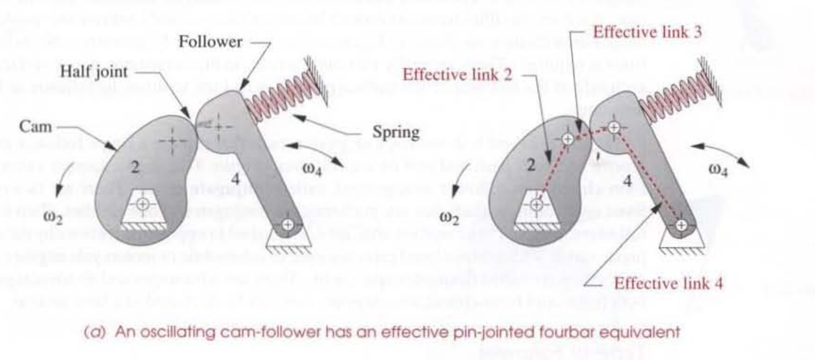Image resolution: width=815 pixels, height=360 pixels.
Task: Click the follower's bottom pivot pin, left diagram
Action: [x=287, y=224]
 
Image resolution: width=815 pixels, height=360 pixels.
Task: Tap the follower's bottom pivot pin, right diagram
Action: [x=681, y=224]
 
